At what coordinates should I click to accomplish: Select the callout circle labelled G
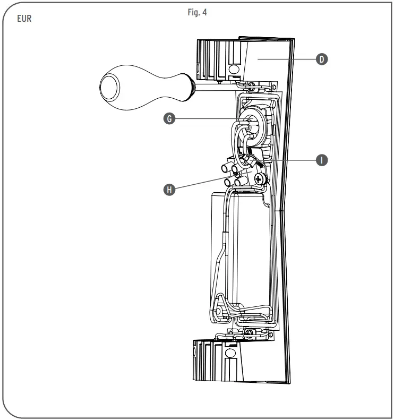169,119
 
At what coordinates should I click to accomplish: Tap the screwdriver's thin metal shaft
212,84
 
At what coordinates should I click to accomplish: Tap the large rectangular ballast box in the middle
234,244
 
